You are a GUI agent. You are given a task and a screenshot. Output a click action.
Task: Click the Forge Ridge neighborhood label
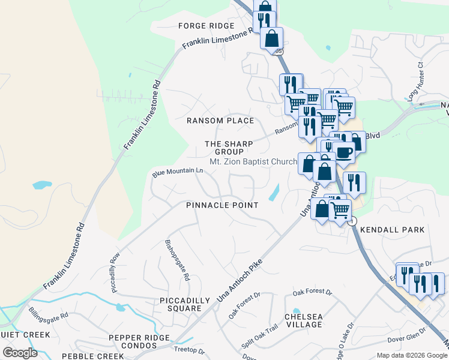205,26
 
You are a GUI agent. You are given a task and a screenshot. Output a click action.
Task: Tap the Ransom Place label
220,121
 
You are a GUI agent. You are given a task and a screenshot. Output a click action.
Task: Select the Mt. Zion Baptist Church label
253,161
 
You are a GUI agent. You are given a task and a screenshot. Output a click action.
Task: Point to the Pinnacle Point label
222,205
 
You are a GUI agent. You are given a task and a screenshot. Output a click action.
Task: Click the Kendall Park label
398,230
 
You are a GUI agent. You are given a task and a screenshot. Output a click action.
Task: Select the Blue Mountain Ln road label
178,172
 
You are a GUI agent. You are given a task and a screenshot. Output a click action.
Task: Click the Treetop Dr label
189,351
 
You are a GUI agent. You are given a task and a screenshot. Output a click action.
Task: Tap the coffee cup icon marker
345,152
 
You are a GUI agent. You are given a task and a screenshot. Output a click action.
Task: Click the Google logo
20,353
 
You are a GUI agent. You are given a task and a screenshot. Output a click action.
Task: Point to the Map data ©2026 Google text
412,356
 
